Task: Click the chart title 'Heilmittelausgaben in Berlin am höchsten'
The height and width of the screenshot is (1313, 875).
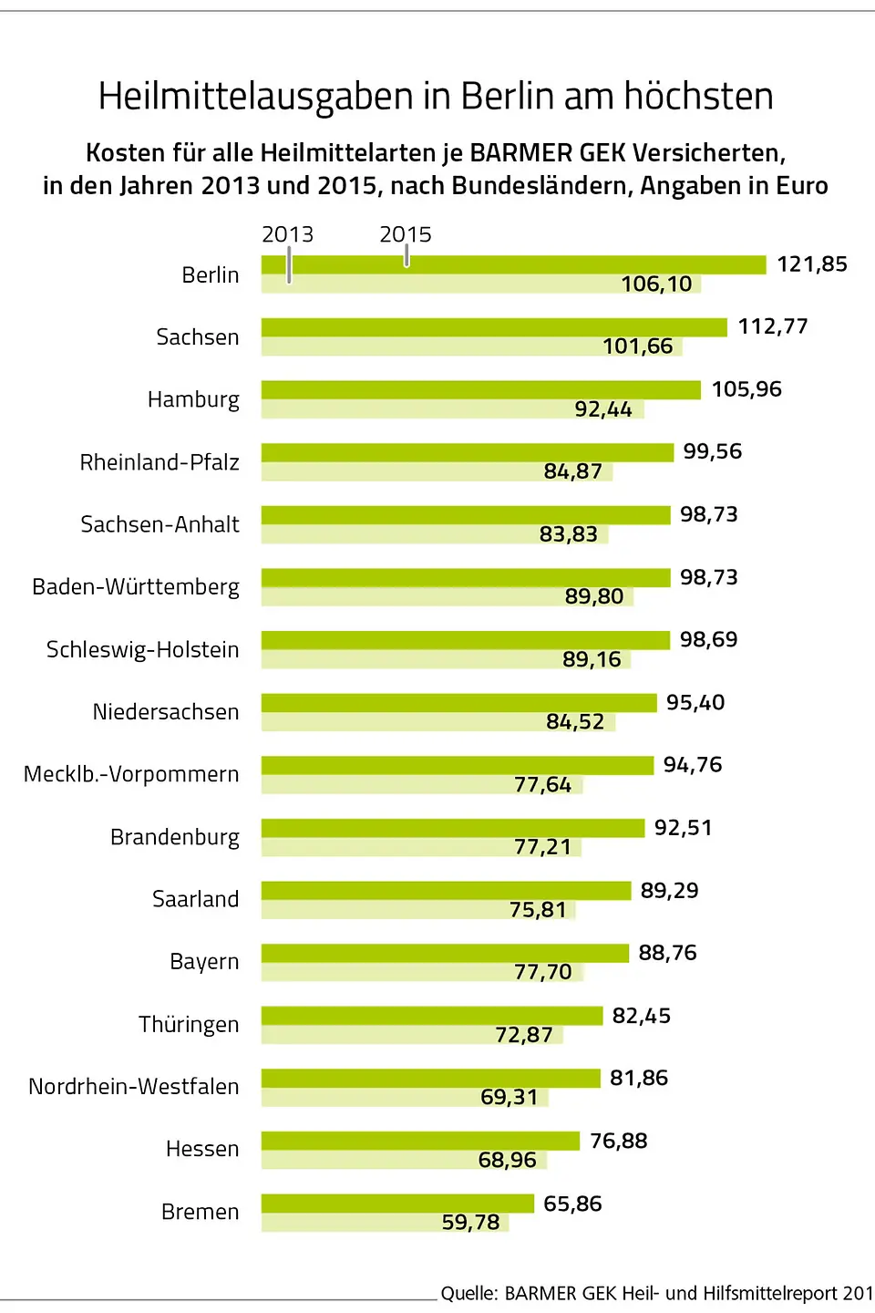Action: point(436,97)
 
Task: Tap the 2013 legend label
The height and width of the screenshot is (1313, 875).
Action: point(287,234)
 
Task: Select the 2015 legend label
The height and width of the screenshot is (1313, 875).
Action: point(406,234)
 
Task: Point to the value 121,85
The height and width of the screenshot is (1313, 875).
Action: point(811,264)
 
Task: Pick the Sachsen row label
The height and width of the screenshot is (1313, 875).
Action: point(197,337)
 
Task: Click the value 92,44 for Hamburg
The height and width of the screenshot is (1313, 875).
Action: point(602,409)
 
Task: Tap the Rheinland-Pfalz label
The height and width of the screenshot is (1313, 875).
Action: point(160,462)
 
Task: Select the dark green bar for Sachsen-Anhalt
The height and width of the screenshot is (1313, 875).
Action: point(465,515)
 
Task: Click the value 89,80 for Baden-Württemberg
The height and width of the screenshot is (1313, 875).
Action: point(594,596)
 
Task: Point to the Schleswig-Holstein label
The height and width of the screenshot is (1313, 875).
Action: point(143,650)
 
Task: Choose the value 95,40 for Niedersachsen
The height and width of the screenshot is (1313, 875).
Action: point(695,703)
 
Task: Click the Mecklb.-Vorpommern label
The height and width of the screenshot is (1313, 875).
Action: point(131,775)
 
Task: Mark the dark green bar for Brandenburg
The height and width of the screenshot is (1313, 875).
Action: point(452,828)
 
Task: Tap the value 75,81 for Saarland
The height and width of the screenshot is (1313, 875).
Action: point(538,910)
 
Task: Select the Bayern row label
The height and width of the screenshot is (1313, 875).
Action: point(204,962)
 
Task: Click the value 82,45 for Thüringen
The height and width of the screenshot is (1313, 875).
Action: point(642,1016)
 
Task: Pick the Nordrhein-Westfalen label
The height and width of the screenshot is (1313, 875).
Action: point(134,1087)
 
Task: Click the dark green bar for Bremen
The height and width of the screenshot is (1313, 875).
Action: point(397,1204)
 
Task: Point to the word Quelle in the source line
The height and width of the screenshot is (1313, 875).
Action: point(468,1293)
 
